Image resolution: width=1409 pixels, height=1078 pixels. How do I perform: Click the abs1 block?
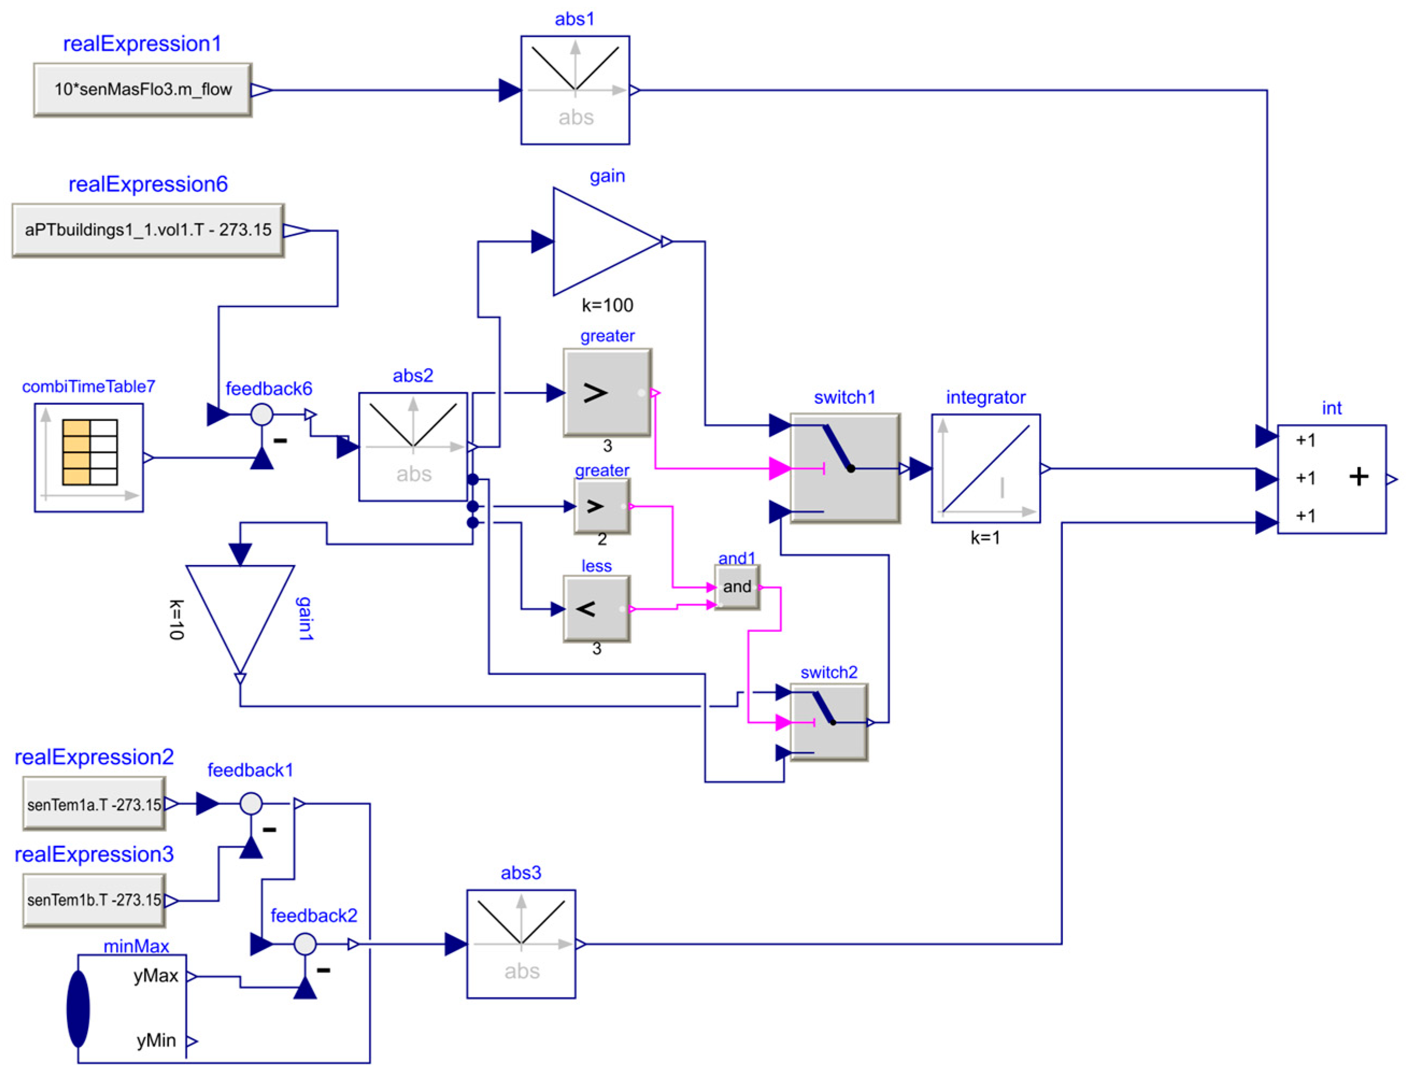(x=575, y=90)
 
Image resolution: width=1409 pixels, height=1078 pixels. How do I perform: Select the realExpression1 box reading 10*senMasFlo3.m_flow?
(x=142, y=89)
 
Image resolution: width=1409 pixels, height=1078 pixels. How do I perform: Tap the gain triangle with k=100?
(x=606, y=241)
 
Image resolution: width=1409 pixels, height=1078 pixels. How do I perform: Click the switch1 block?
(x=845, y=468)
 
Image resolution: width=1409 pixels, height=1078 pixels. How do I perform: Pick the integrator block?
(x=985, y=468)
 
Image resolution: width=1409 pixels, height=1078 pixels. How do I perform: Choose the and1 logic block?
(x=737, y=587)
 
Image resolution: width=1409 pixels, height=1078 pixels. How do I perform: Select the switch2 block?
(x=829, y=723)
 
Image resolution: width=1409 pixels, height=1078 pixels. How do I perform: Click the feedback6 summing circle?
(x=262, y=415)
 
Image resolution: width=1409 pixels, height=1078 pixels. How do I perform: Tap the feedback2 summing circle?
(x=305, y=944)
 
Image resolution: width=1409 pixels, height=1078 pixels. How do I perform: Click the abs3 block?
(x=521, y=944)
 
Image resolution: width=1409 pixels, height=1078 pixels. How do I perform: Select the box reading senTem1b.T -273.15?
(x=94, y=900)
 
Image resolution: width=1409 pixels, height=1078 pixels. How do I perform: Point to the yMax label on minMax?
(x=155, y=976)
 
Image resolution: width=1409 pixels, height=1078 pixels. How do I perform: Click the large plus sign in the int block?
(x=1358, y=477)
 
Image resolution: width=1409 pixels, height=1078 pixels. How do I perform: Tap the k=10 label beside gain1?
(x=176, y=620)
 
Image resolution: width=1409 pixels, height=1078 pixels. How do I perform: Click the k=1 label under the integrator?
(x=985, y=538)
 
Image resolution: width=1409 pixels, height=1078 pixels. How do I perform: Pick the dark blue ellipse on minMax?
(x=78, y=1009)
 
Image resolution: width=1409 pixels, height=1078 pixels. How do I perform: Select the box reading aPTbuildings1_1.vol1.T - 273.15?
(x=148, y=230)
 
